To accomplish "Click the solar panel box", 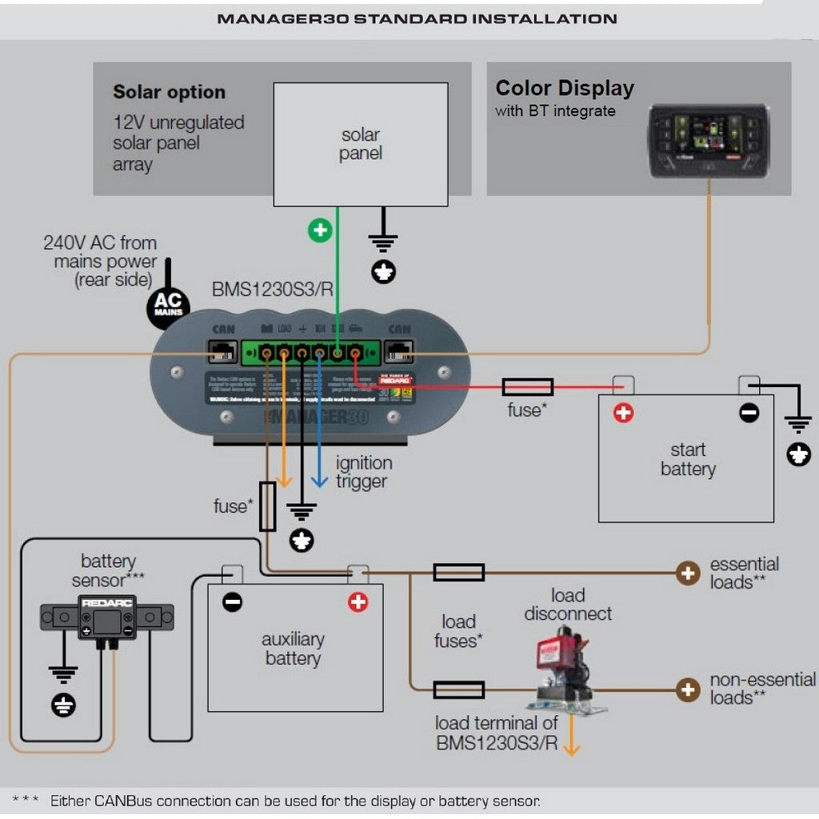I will [x=361, y=145].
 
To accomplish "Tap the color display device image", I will [x=709, y=140].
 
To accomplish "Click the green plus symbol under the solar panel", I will [x=320, y=231].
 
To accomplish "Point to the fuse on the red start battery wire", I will [x=527, y=387].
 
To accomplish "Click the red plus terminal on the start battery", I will [x=623, y=413].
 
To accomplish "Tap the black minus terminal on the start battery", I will [x=749, y=413].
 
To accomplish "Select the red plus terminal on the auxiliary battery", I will [x=358, y=602].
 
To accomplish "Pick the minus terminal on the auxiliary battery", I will [x=233, y=602].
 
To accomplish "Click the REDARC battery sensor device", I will [x=107, y=617].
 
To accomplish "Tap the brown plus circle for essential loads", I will [x=687, y=573].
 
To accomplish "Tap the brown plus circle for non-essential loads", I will [x=687, y=689].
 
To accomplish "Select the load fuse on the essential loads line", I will [x=458, y=573].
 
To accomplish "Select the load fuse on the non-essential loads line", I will [x=458, y=689].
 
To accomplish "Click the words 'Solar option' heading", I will [x=169, y=92].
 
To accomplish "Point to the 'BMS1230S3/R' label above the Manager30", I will [x=273, y=289].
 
